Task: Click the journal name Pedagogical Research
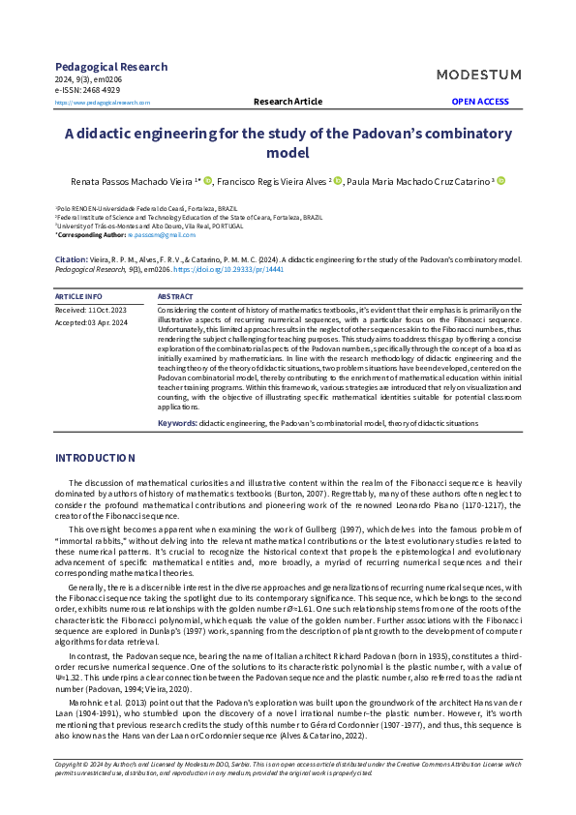coord(111,67)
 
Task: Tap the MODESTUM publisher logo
coord(478,75)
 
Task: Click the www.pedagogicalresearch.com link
coord(103,102)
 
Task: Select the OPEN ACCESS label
coord(480,102)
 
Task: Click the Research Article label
coord(288,102)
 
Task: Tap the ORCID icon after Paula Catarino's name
coord(501,181)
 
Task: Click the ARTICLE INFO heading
coord(79,296)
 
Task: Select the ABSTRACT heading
coord(175,296)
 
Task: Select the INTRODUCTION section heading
coord(95,457)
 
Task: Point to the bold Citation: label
coord(71,260)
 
